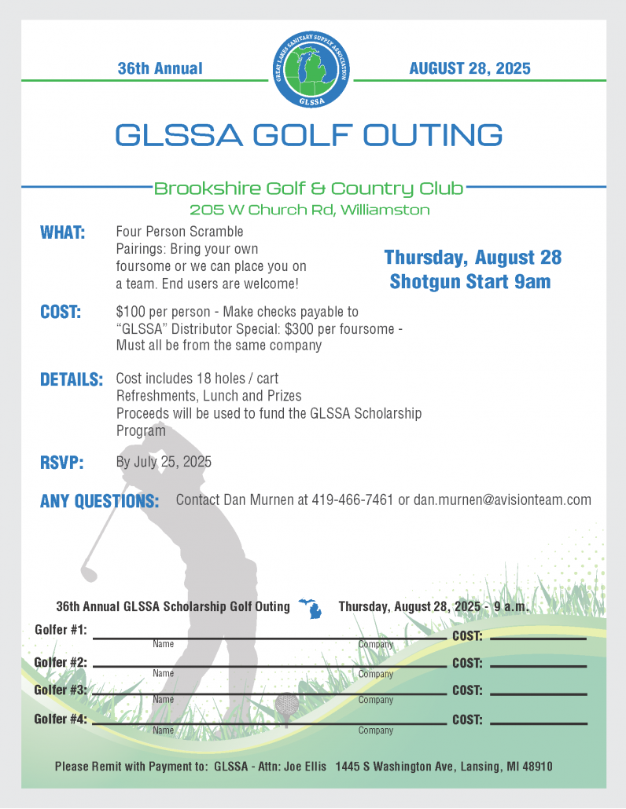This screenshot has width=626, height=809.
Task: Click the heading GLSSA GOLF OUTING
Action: coord(309,135)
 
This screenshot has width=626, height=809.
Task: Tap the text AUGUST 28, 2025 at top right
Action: coord(469,68)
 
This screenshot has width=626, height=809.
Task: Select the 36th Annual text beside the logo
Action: coord(160,68)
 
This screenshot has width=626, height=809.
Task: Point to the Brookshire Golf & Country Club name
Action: coord(308,189)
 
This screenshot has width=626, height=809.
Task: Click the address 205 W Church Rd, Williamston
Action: coord(309,210)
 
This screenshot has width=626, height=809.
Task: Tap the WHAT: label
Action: coord(63,233)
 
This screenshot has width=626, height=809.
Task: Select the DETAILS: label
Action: coord(72,380)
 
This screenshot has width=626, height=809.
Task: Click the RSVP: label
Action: coord(62,463)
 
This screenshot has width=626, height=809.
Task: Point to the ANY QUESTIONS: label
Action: coord(99,501)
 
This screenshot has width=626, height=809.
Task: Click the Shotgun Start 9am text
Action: coord(469,281)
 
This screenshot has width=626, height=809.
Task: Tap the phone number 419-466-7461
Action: coord(352,500)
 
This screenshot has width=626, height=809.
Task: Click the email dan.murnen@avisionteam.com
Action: coord(503,500)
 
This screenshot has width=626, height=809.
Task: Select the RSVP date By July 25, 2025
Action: coord(164,462)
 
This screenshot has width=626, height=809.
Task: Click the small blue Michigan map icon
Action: coord(315,609)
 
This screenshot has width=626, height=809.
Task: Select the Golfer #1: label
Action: coord(61,630)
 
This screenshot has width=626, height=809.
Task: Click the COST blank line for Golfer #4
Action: coord(539,723)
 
